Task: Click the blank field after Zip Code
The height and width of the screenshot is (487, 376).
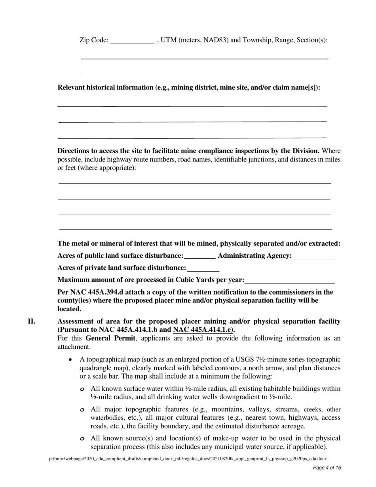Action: pos(132,40)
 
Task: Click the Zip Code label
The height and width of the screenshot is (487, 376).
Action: pos(94,40)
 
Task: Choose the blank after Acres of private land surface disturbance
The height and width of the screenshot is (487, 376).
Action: pos(203,268)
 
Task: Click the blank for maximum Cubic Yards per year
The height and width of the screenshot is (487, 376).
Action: pos(289,280)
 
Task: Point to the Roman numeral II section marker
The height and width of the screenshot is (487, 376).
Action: pos(31,321)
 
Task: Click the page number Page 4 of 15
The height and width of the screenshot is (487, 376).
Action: pos(327,468)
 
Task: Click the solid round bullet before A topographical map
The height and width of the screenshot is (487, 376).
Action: pos(70,360)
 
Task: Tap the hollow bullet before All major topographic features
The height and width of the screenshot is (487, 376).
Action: pos(82,410)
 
